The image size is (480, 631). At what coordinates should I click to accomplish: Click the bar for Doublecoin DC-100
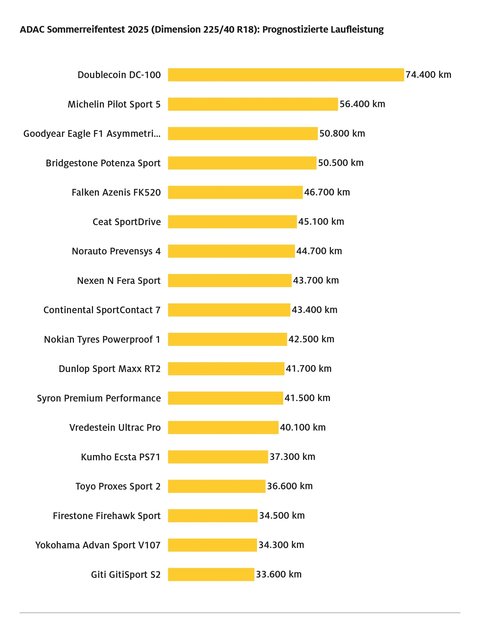286,75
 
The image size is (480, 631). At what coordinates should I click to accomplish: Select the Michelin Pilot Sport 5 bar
253,104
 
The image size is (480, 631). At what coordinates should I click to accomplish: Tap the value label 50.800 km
342,134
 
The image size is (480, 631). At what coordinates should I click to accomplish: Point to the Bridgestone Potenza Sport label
103,163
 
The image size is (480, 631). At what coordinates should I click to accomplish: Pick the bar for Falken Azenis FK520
235,192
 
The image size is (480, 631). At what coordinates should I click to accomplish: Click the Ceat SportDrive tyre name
127,222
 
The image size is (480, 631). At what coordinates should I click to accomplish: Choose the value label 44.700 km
319,251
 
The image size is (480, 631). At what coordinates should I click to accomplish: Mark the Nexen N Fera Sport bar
230,280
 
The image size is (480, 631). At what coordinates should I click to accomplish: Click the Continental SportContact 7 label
102,310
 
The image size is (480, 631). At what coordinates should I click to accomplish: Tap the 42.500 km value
311,339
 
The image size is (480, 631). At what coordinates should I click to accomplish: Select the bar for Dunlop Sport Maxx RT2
226,369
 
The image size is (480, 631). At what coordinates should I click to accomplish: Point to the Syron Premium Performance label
99,398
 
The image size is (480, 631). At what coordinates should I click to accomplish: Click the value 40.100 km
303,427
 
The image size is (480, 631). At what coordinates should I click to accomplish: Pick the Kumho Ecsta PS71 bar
218,457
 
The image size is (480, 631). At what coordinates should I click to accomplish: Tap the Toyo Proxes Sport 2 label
118,486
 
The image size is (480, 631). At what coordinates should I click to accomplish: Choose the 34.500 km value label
282,516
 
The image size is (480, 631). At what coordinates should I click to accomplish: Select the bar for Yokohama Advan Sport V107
212,545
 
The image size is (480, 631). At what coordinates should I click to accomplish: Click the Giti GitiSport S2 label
126,575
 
